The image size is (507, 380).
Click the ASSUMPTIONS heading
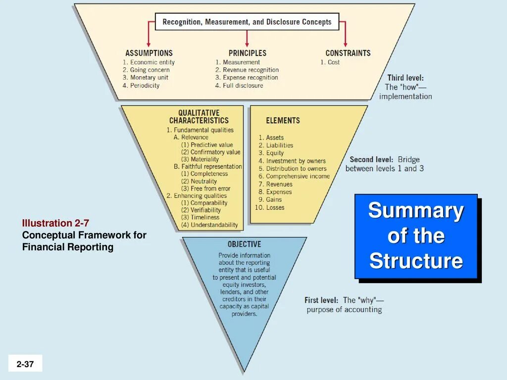pyautogui.click(x=149, y=53)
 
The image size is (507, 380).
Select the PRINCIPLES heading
pyautogui.click(x=247, y=53)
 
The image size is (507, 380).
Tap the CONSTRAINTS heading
pyautogui.click(x=348, y=53)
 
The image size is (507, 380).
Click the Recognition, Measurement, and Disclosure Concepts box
pyautogui.click(x=247, y=22)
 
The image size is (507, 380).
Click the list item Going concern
pyautogui.click(x=150, y=70)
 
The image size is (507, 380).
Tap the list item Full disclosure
pyautogui.click(x=243, y=86)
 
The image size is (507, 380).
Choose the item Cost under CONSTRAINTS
pyautogui.click(x=333, y=62)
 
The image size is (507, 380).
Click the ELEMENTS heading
pyautogui.click(x=283, y=120)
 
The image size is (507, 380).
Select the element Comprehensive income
pyautogui.click(x=298, y=176)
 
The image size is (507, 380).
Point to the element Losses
pyautogui.click(x=275, y=207)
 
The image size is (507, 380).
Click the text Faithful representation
pyautogui.click(x=211, y=167)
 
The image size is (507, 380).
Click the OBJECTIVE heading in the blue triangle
pyautogui.click(x=244, y=244)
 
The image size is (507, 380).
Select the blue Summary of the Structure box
pyautogui.click(x=416, y=236)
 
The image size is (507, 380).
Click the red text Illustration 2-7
pyautogui.click(x=55, y=223)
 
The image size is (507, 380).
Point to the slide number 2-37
pyautogui.click(x=25, y=364)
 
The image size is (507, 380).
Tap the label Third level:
pyautogui.click(x=405, y=78)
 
